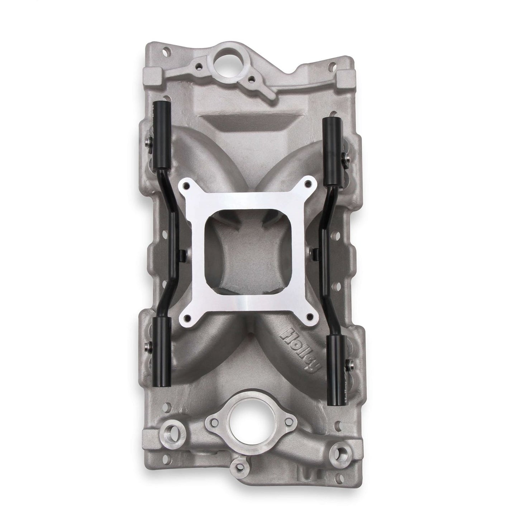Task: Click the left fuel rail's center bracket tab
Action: pyautogui.click(x=184, y=255)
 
